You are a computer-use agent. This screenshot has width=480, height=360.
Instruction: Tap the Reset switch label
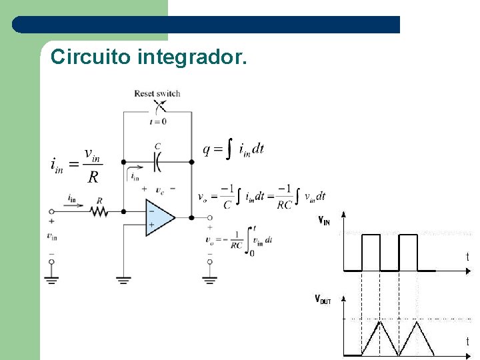click(x=157, y=93)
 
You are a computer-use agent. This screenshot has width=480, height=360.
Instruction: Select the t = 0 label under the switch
click(x=158, y=121)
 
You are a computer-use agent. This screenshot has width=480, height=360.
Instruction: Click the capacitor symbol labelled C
click(x=158, y=161)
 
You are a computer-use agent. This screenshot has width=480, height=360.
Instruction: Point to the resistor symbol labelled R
click(x=99, y=211)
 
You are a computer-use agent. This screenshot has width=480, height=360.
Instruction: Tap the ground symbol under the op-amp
click(x=123, y=280)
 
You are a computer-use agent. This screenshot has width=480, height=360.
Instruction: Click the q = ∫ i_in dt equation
click(x=234, y=150)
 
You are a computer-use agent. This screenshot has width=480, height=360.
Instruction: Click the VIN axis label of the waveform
click(x=323, y=221)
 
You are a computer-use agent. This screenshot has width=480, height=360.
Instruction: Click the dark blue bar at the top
click(x=207, y=25)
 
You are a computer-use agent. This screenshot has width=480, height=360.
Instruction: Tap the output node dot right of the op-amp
click(x=191, y=217)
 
